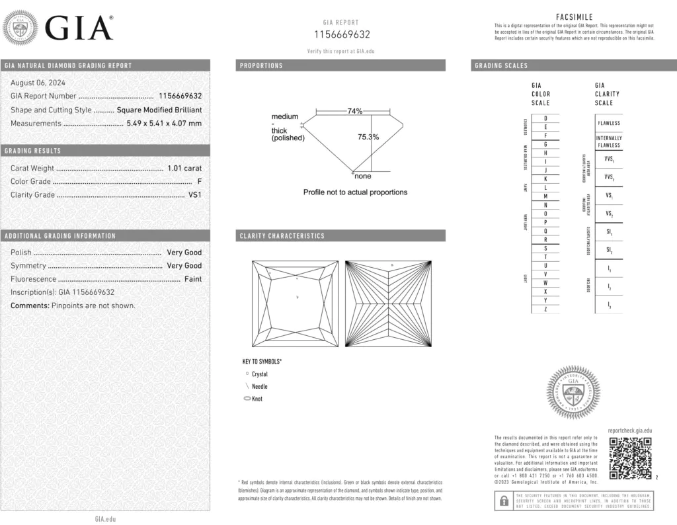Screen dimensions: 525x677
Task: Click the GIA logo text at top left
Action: pyautogui.click(x=79, y=28)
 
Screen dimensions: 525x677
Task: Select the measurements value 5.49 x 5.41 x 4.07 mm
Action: pyautogui.click(x=164, y=123)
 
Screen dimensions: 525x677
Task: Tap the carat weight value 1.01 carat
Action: pyautogui.click(x=184, y=168)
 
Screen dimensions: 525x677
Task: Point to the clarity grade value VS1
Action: pyautogui.click(x=194, y=194)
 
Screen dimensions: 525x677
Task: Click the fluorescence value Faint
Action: pyautogui.click(x=193, y=279)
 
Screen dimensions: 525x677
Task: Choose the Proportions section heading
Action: pyautogui.click(x=261, y=65)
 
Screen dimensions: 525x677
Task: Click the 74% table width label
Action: pyautogui.click(x=355, y=111)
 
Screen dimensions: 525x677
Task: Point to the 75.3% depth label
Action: pyautogui.click(x=368, y=137)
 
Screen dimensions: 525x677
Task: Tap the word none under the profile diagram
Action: pyautogui.click(x=363, y=176)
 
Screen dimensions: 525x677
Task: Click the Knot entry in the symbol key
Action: pyautogui.click(x=257, y=399)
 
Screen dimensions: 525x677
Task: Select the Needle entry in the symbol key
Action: pyautogui.click(x=259, y=386)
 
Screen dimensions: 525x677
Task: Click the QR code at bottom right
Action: pyautogui.click(x=630, y=458)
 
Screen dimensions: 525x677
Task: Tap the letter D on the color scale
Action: pyautogui.click(x=545, y=118)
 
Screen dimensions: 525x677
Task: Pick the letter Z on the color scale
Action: pyautogui.click(x=545, y=309)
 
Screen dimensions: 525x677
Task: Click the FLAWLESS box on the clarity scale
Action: pyautogui.click(x=609, y=123)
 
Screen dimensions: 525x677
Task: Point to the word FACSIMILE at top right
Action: pyautogui.click(x=575, y=17)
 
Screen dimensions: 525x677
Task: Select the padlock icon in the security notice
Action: pyautogui.click(x=503, y=500)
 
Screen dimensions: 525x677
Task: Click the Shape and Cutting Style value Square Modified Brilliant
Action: pyautogui.click(x=159, y=110)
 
